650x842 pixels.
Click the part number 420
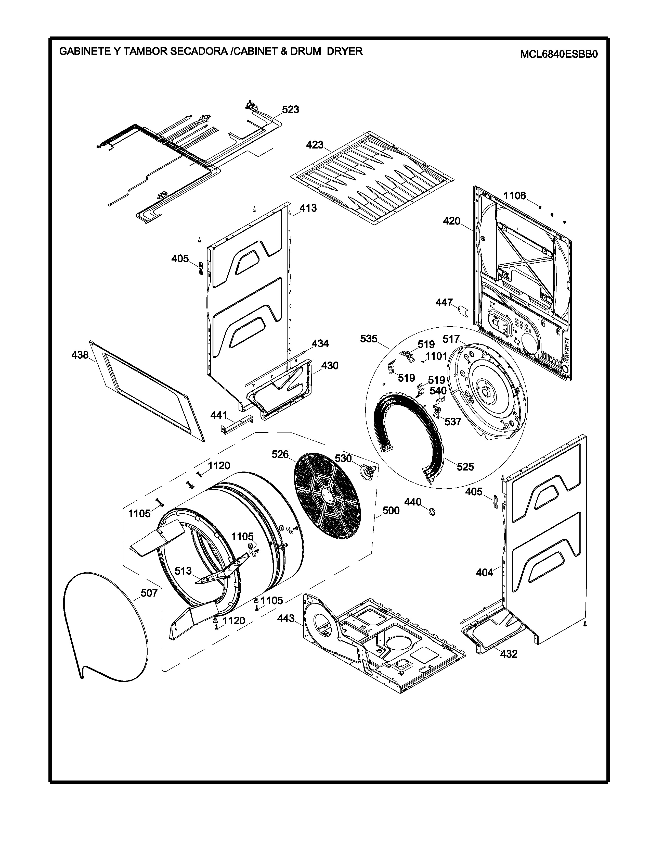[x=452, y=221]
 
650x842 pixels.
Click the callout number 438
[x=80, y=355]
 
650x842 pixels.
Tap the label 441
[x=219, y=415]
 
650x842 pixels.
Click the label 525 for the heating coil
[x=465, y=467]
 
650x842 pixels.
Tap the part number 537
[x=453, y=422]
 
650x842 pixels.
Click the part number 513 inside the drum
[x=183, y=571]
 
